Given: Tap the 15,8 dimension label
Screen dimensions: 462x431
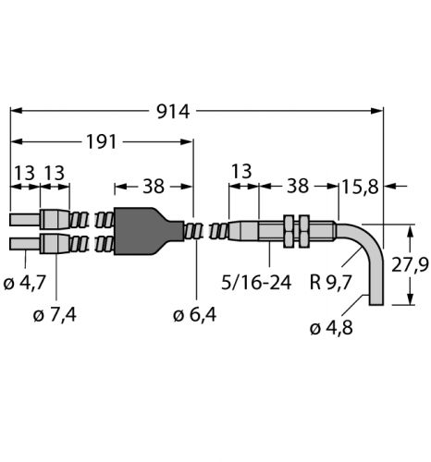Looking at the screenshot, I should coord(360,187).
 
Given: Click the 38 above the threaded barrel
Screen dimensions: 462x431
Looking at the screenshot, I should coord(298,186).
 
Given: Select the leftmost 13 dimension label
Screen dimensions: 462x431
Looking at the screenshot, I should coord(23,174).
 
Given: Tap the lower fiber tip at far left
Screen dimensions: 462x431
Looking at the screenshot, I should coord(22,243).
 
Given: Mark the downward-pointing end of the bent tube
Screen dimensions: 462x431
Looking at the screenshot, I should coord(375,298).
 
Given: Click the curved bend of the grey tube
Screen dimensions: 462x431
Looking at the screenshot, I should coord(368,237).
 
